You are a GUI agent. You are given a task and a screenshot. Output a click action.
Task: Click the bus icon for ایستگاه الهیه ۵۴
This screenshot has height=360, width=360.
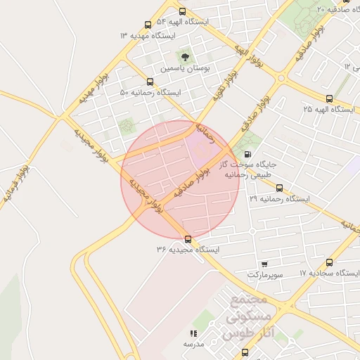[183, 12]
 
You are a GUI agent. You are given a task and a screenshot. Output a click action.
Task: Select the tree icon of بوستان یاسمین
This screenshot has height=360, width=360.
[185, 57]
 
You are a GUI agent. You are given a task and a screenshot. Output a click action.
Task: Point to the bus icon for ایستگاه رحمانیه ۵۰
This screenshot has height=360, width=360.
[150, 82]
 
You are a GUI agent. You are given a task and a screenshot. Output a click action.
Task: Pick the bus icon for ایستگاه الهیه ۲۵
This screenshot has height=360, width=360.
[329, 98]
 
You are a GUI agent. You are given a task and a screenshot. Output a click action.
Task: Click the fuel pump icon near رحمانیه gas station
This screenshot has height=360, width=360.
[247, 154]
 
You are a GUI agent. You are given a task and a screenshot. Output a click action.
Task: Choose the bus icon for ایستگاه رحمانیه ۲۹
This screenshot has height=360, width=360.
[279, 188]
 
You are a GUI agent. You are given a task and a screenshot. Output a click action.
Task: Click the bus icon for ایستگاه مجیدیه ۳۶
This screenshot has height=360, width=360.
[187, 239]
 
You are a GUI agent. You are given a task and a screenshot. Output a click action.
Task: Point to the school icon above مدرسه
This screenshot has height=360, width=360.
[193, 333]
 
